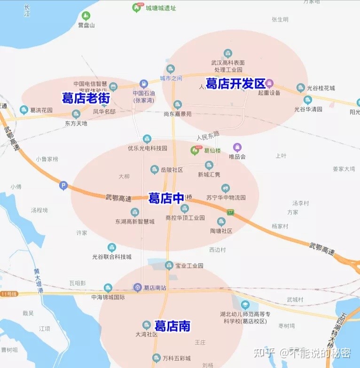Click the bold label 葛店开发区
[x=235, y=84]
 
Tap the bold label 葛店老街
[x=86, y=98]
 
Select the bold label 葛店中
[x=166, y=198]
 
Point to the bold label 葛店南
[x=172, y=326]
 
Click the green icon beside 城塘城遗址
[x=136, y=8]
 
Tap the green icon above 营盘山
[x=86, y=16]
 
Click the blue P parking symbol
[x=63, y=186]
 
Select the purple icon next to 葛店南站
[x=137, y=287]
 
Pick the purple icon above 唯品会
[x=237, y=147]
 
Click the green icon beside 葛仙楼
[x=195, y=150]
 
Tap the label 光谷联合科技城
[x=112, y=257]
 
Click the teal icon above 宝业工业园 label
[x=169, y=266]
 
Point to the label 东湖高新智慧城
[x=135, y=221]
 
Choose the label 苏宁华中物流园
[x=226, y=197]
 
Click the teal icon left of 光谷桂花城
[x=301, y=88]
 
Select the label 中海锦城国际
[x=108, y=297]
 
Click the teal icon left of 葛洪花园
[x=24, y=110]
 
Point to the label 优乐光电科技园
[x=148, y=148]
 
